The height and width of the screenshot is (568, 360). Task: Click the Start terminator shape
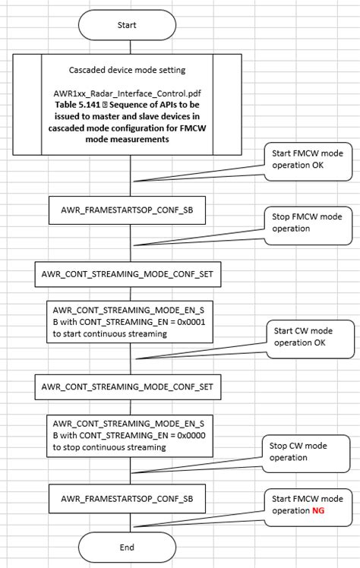point(127,25)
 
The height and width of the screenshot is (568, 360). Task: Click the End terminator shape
point(127,547)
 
